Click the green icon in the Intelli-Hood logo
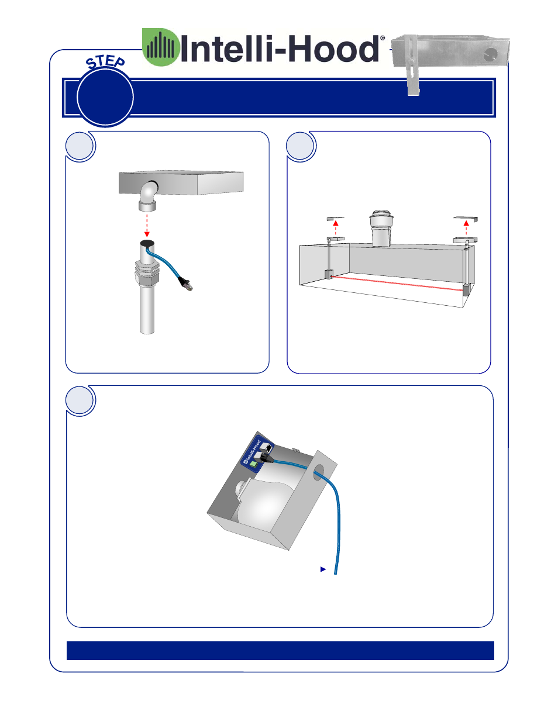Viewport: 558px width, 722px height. (x=161, y=47)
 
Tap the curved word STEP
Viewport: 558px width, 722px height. (x=105, y=63)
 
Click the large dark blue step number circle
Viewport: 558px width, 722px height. (x=105, y=97)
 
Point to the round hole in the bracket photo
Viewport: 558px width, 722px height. (x=490, y=54)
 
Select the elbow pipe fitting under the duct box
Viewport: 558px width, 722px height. (x=148, y=196)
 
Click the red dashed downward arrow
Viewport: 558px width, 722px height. (x=147, y=226)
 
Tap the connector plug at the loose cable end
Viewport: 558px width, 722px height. (x=186, y=284)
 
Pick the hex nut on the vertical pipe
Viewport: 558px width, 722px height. (x=147, y=272)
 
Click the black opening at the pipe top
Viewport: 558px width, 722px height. (x=147, y=243)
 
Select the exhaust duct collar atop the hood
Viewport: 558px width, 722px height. (x=381, y=228)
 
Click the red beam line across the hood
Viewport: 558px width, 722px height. (x=397, y=284)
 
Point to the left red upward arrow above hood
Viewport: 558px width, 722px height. (x=336, y=228)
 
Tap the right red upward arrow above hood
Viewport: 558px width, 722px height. (x=466, y=228)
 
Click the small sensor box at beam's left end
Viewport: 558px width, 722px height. (x=329, y=274)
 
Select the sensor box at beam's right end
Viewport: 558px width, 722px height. (x=466, y=290)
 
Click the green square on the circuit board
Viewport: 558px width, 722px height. (x=254, y=464)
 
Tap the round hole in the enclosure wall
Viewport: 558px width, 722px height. (x=319, y=472)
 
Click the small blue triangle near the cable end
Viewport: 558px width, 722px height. (x=323, y=569)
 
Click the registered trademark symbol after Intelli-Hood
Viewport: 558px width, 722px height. (x=383, y=38)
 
